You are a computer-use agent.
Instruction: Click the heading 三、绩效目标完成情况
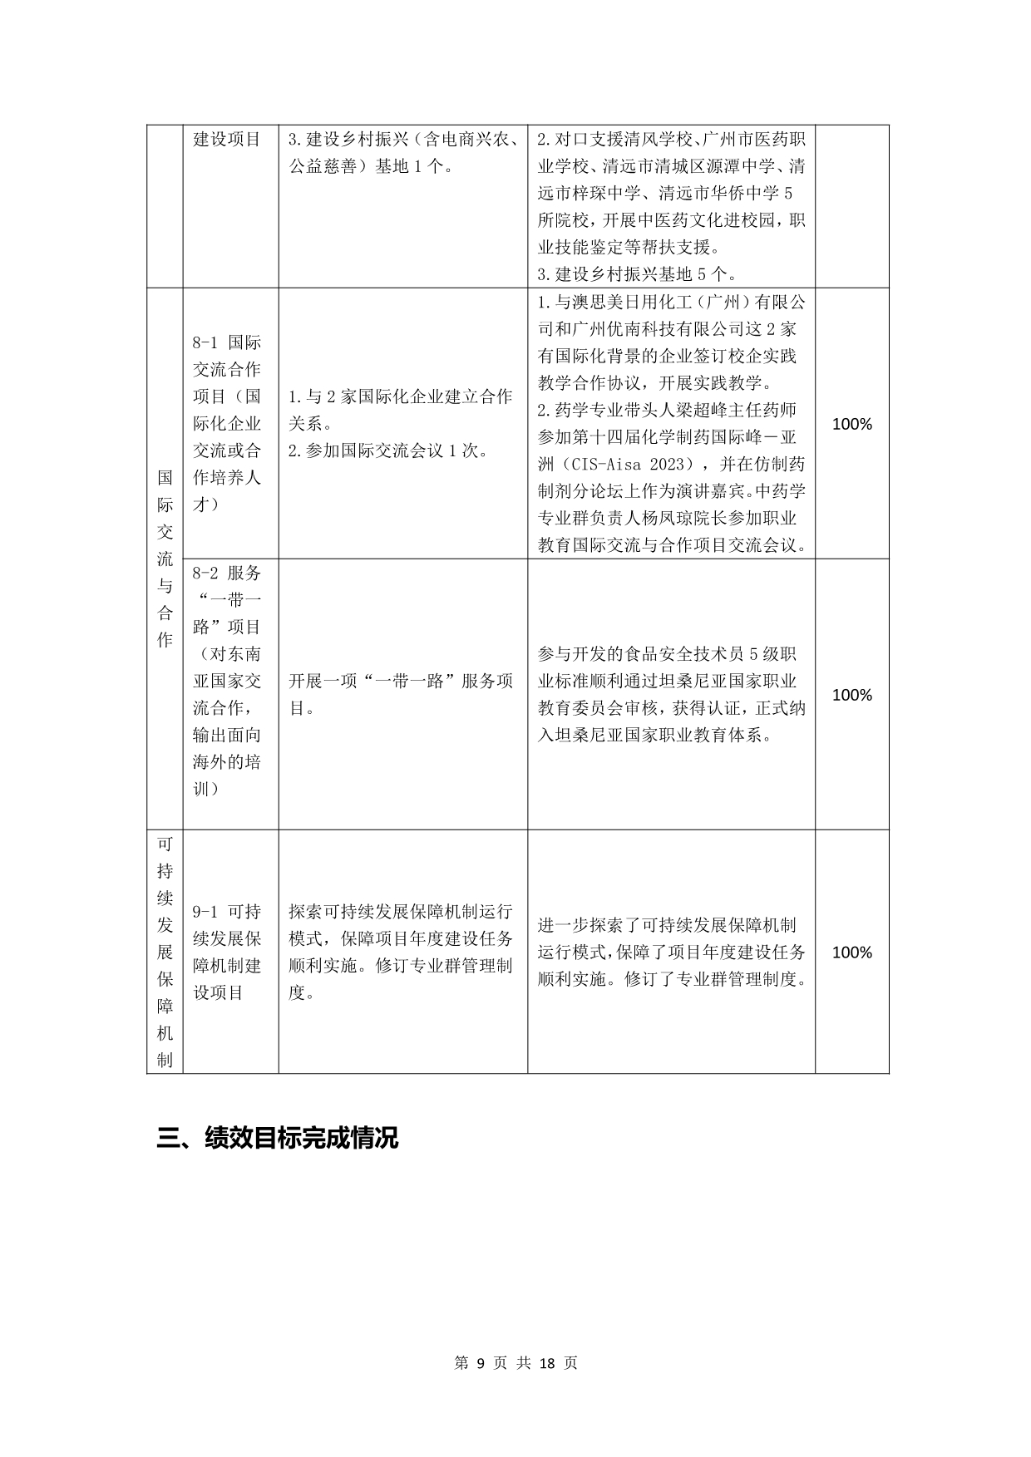pos(278,1138)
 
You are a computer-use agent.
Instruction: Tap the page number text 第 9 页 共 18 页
pos(515,1363)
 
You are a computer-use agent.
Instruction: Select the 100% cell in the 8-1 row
pos(851,424)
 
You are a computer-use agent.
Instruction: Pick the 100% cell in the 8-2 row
pos(851,695)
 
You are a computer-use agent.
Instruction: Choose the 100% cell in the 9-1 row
pos(851,952)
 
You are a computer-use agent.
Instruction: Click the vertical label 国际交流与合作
pos(165,559)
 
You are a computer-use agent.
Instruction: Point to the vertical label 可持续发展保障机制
pos(165,952)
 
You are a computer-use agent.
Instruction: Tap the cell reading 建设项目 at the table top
pos(227,139)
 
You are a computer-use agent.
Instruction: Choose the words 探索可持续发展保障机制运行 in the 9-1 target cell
pos(400,912)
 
